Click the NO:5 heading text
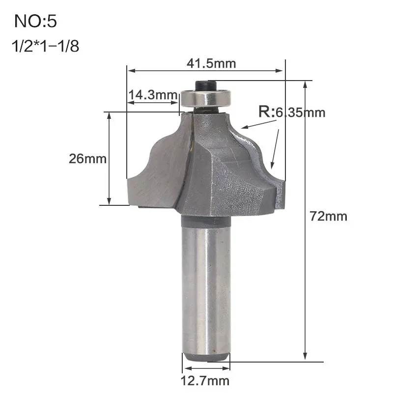[x=35, y=21]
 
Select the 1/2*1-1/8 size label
[x=45, y=46]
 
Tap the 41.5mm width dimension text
[x=211, y=64]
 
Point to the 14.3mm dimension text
[x=153, y=95]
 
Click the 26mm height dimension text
[x=88, y=159]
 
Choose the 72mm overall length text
[x=328, y=216]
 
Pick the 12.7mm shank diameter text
[x=205, y=381]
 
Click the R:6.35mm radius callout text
[x=292, y=112]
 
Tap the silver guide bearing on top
[x=205, y=98]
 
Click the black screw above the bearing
[x=205, y=84]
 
